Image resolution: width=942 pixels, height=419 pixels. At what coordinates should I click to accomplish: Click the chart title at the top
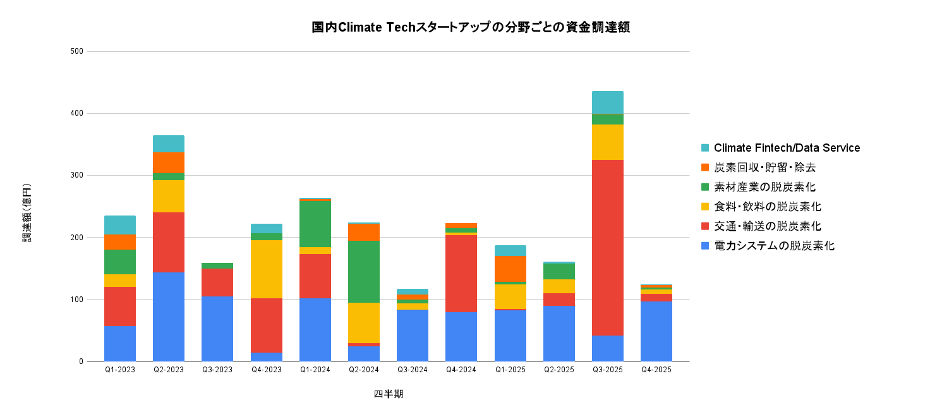(471, 28)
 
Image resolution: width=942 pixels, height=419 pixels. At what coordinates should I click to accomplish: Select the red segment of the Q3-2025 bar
(607, 247)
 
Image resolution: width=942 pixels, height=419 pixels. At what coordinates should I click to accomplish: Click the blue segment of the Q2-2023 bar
(169, 317)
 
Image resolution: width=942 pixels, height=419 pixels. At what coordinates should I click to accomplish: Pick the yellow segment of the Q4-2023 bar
(266, 269)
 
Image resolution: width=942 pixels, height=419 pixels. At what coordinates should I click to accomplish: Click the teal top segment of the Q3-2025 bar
(607, 102)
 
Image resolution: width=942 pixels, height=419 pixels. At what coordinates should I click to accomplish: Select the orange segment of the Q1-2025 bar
(510, 269)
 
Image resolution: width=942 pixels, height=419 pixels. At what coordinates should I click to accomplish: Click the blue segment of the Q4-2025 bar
(656, 331)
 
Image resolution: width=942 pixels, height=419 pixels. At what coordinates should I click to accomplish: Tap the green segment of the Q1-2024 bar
(315, 224)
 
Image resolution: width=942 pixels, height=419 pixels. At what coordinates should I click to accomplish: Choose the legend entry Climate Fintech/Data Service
(787, 148)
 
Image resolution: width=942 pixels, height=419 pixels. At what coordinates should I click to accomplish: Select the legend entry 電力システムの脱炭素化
(774, 246)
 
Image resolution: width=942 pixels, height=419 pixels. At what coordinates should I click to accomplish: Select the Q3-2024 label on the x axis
(413, 370)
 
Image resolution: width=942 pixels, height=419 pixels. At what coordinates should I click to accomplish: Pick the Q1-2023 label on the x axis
(120, 370)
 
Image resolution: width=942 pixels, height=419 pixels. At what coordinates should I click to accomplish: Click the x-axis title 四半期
(388, 394)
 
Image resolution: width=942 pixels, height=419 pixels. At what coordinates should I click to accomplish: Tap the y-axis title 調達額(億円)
(27, 213)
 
